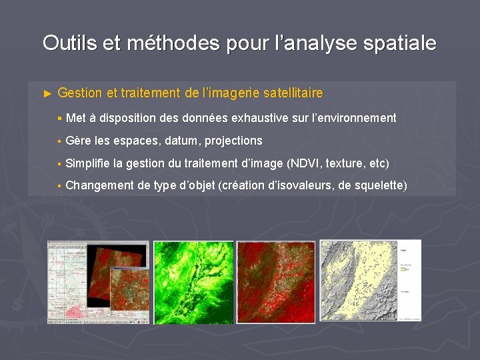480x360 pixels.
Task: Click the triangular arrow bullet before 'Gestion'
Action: [x=47, y=93]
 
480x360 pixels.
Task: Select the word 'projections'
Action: [x=233, y=141]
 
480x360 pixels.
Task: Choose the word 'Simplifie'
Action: [x=88, y=163]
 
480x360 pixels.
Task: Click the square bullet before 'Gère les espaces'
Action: [x=59, y=141]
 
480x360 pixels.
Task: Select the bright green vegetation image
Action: [x=193, y=282]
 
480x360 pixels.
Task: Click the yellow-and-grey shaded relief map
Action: [x=357, y=281]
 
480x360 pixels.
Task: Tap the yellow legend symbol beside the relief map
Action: [x=403, y=270]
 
